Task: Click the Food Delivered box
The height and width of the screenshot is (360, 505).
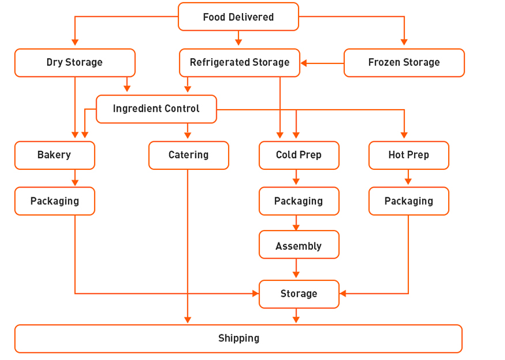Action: [238, 17]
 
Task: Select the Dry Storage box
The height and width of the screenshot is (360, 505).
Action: [74, 63]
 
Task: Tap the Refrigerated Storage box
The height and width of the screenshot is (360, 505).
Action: [239, 63]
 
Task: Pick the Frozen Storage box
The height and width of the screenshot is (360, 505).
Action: [404, 63]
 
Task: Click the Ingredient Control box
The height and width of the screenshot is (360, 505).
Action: [156, 109]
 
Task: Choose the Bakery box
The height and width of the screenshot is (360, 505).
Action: [54, 155]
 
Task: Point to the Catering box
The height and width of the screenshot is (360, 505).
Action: [188, 155]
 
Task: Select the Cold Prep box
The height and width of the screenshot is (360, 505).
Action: [299, 155]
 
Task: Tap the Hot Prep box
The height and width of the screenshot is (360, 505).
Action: [408, 155]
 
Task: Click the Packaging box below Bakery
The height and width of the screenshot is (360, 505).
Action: [54, 201]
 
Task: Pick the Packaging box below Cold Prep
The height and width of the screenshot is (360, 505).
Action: [299, 201]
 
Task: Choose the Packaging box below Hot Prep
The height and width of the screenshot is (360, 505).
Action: [408, 201]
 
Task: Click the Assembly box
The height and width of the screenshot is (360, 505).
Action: [299, 246]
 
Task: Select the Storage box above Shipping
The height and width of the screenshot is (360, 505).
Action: [299, 294]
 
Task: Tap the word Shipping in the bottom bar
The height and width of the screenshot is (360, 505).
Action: [238, 338]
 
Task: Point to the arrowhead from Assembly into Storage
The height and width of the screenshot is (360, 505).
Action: [296, 276]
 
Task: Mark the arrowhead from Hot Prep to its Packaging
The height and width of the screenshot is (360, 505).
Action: [408, 182]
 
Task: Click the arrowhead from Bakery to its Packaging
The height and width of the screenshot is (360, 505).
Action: [75, 182]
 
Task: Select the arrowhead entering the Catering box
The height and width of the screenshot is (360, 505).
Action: [187, 136]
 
